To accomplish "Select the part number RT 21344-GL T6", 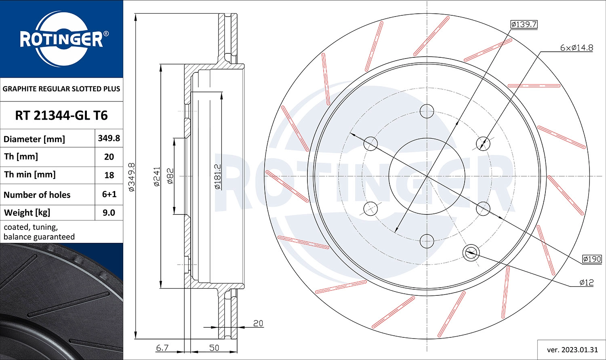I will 61,116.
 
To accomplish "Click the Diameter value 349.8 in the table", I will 109,138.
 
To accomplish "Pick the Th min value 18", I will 109,175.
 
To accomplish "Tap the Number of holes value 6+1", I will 109,194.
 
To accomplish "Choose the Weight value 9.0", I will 109,213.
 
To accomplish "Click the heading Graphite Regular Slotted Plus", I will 61,89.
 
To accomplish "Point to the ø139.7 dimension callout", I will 524,24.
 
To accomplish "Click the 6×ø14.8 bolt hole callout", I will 576,48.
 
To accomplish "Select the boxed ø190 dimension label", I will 592,259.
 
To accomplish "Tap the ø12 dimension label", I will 586,282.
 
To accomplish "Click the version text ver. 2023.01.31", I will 572,349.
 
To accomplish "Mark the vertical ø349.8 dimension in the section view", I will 131,177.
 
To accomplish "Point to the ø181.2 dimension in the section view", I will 217,177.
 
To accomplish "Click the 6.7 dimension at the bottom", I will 162,347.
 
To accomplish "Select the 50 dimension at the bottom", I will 214,347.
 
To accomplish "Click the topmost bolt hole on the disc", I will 427,111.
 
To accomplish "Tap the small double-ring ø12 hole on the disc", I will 471,253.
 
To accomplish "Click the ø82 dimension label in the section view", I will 170,177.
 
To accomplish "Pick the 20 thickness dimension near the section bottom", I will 258,323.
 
